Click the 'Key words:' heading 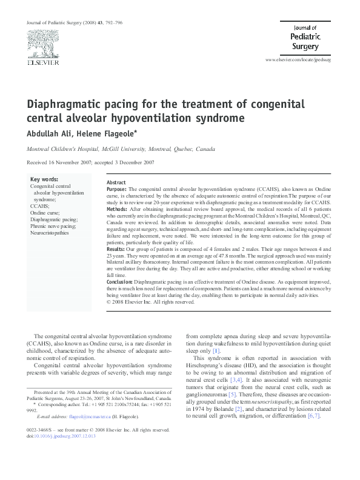pos(44,179)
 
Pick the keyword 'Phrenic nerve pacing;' pos(53,226)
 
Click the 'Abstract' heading pos(116,182)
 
